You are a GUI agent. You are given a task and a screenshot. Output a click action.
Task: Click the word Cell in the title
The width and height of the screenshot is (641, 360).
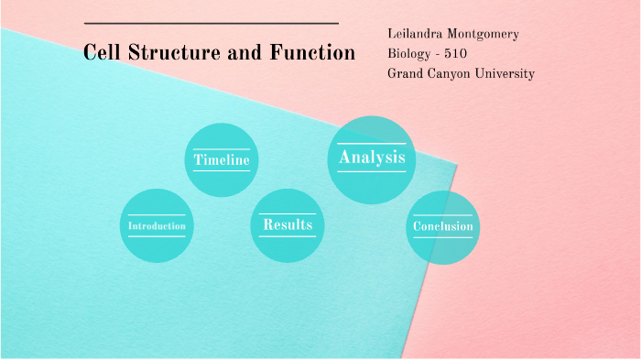[x=99, y=53]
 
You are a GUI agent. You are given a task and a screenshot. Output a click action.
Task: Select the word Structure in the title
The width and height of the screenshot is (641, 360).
[x=168, y=53]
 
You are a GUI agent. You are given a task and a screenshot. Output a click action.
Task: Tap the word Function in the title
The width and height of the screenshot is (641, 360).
[x=312, y=53]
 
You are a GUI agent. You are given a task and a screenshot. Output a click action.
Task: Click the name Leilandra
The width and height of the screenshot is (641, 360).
[x=416, y=35]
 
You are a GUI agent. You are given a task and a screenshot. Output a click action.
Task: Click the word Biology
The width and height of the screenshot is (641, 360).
[x=408, y=54]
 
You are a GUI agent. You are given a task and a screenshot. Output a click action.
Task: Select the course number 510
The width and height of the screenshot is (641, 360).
[x=455, y=54]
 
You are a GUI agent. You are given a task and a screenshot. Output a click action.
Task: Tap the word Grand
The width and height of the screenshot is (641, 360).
[x=406, y=73]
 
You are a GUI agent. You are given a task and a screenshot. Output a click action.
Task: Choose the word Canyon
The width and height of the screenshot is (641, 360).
[x=453, y=73]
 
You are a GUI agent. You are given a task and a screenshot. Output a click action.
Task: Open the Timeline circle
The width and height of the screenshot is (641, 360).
[x=222, y=159]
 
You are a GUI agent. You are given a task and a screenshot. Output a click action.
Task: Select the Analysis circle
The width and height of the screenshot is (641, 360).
[x=371, y=158]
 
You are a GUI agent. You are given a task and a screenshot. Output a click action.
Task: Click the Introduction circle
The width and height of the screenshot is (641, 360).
[x=157, y=225]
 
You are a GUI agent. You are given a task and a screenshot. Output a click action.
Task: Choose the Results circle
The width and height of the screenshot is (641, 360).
[x=288, y=224]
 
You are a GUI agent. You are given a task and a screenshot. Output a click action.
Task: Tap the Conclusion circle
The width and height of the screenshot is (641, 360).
[x=442, y=226]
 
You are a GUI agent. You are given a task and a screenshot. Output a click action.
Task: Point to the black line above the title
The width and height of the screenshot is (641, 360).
[x=211, y=24]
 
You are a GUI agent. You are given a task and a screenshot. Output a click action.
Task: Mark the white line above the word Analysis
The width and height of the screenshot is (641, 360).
[x=371, y=144]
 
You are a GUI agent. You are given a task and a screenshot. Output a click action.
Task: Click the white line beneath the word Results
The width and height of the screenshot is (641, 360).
[x=288, y=237]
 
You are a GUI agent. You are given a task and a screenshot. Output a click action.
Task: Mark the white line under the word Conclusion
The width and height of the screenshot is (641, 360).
[x=442, y=238]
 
